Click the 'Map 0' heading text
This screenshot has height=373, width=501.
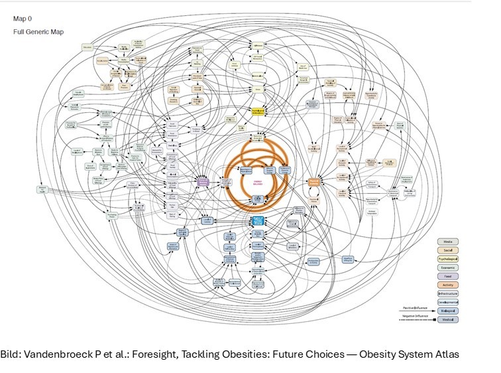[x=23, y=19]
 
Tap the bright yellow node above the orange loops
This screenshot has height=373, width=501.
[x=258, y=110]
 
